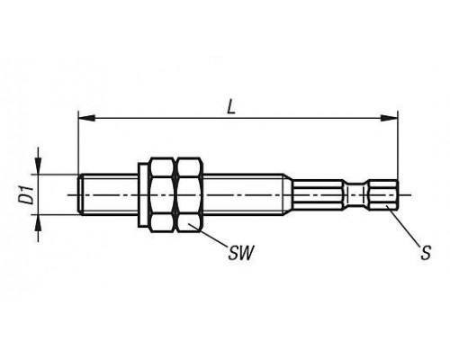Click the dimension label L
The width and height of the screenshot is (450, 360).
point(230,106)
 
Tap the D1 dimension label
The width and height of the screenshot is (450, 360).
point(28,195)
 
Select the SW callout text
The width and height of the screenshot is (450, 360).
point(241,253)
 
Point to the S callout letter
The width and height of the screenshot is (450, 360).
point(426,252)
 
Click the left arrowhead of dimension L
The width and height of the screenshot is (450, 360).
point(86,118)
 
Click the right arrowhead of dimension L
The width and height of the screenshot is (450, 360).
point(389,118)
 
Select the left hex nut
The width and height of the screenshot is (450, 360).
point(162,194)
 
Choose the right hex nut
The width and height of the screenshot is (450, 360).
point(189,194)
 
